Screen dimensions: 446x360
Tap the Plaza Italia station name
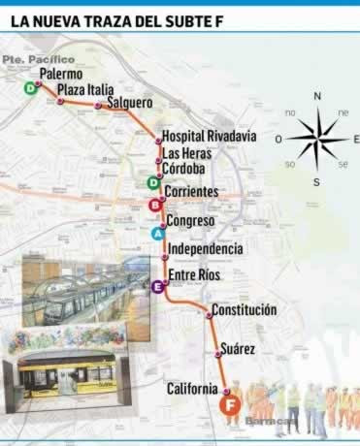(87, 90)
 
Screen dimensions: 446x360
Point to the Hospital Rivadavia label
(209, 137)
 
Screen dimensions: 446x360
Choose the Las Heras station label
(188, 153)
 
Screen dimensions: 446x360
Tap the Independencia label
(205, 249)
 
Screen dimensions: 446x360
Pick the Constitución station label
(243, 310)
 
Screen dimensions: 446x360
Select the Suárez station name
(238, 347)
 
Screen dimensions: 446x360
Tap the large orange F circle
(231, 407)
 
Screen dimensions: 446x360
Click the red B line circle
(154, 206)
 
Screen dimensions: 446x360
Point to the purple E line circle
(156, 286)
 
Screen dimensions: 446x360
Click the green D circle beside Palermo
(31, 88)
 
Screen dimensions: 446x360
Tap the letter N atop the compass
(316, 96)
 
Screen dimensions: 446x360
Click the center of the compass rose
(316, 139)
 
